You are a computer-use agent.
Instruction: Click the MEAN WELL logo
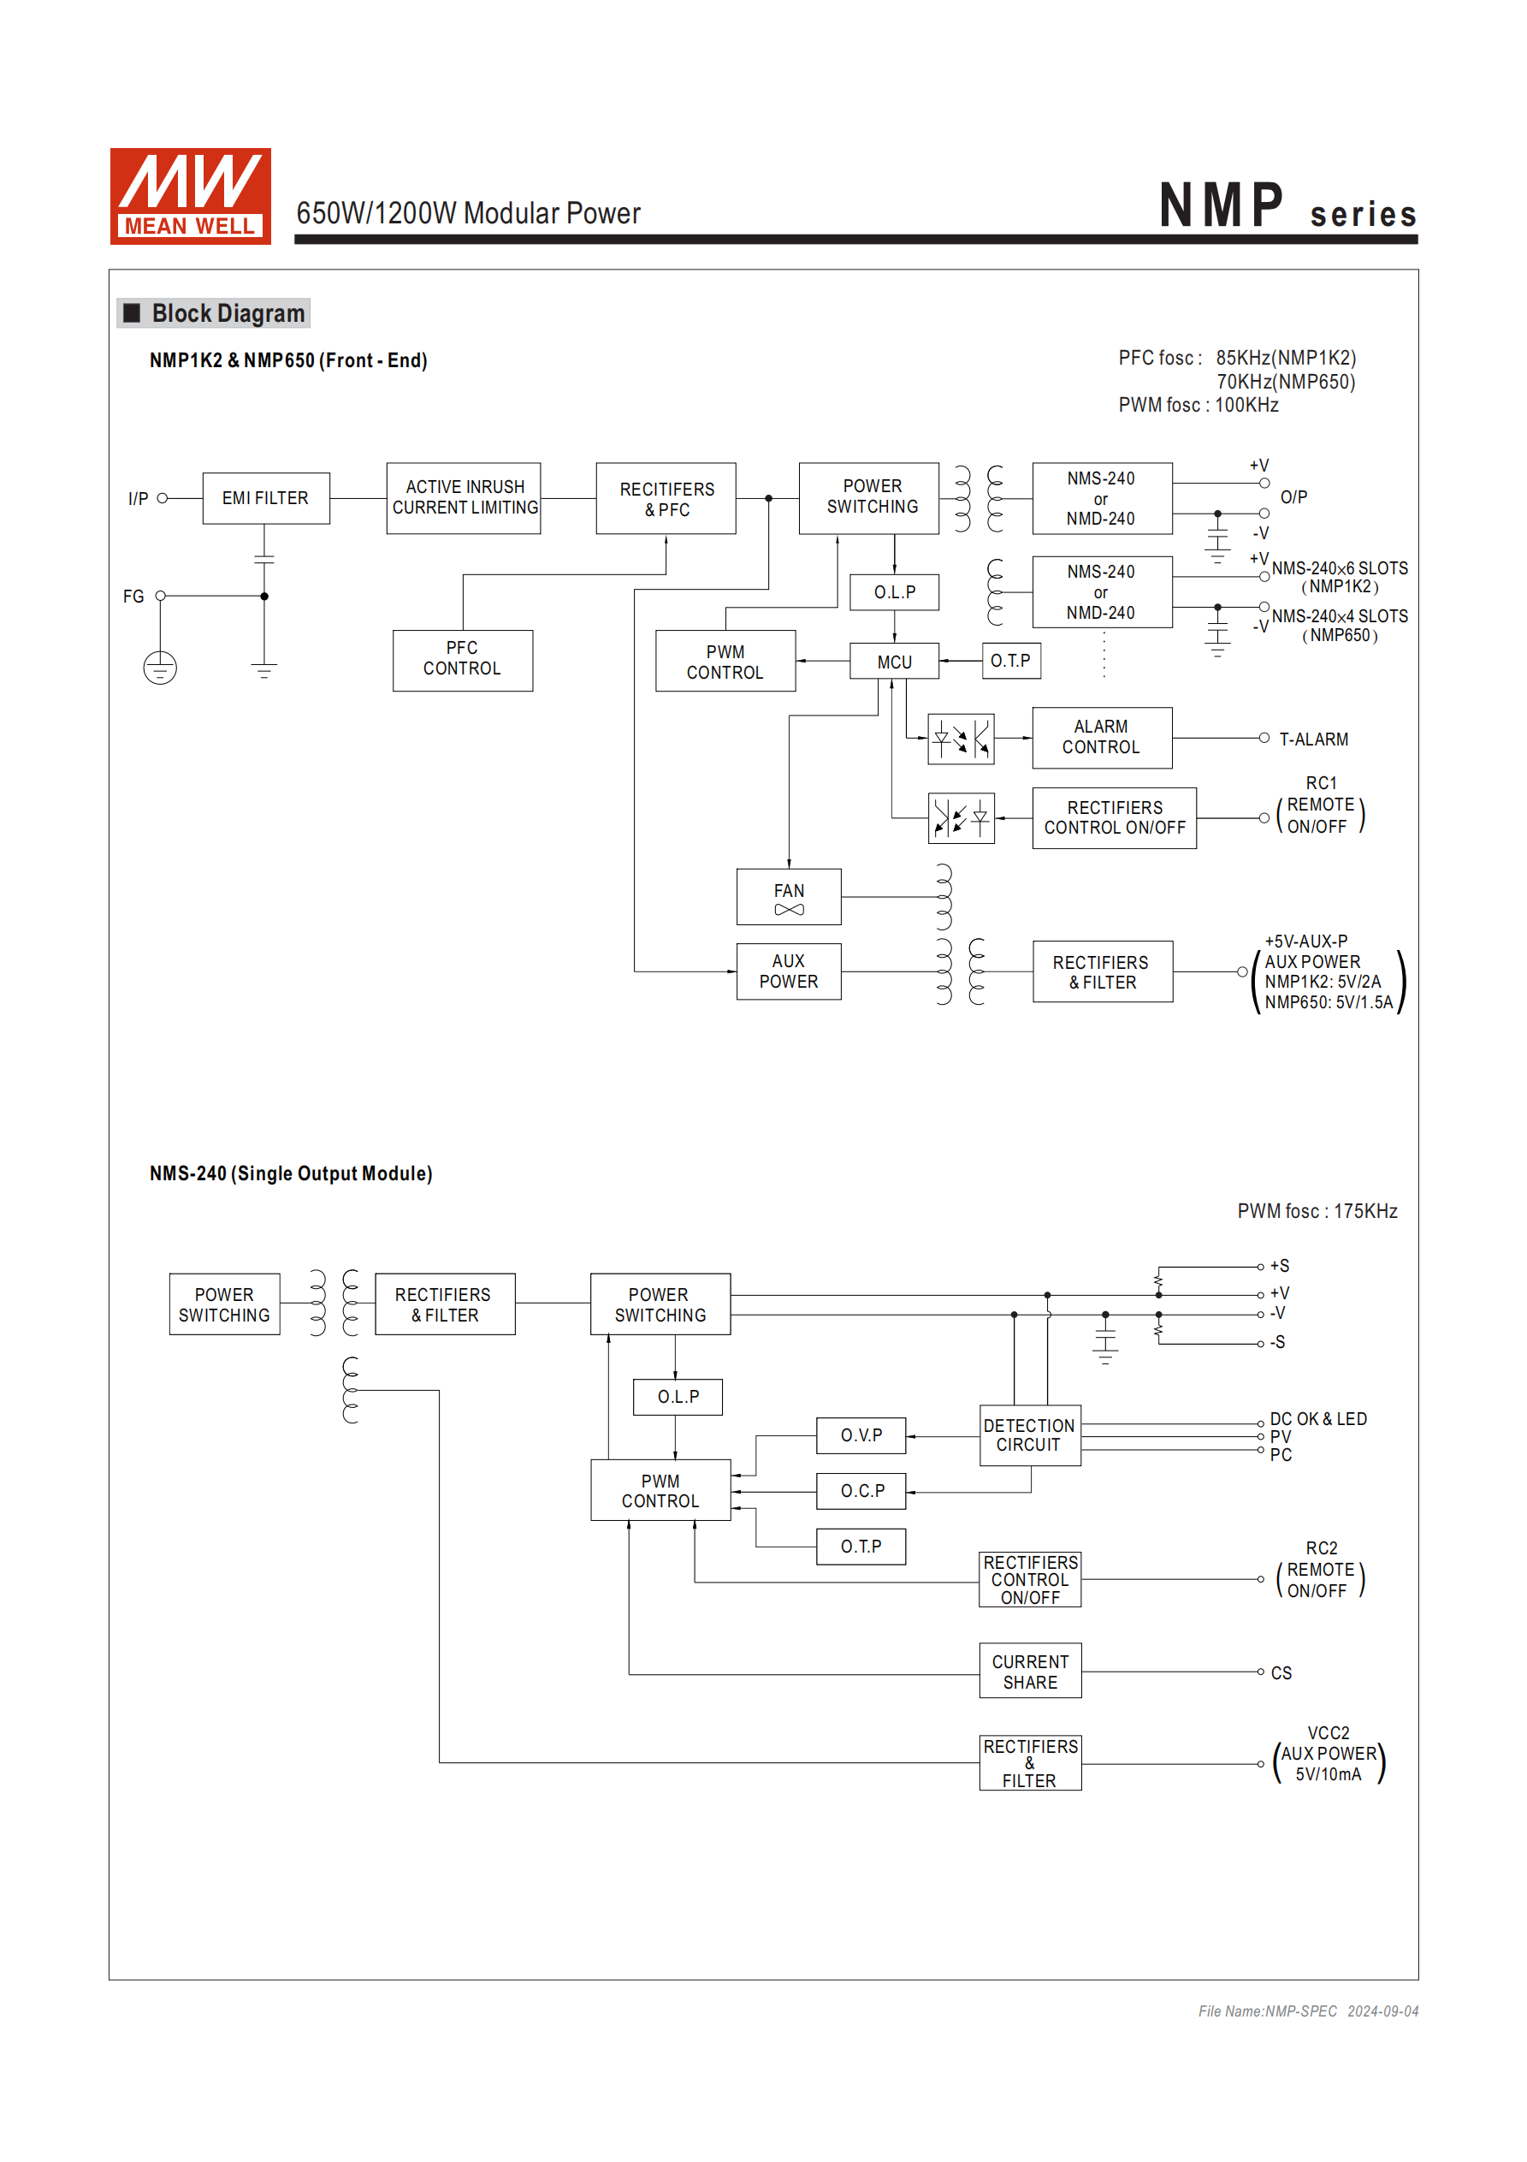tap(190, 196)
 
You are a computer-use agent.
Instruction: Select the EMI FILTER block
tap(265, 498)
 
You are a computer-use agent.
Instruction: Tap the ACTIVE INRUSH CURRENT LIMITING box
tap(465, 498)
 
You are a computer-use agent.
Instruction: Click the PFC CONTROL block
tap(462, 659)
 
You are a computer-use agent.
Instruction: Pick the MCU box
tap(893, 662)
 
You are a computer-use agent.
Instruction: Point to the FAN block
tap(788, 896)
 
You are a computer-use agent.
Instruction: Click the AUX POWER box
tap(788, 971)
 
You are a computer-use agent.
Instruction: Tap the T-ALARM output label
tap(1312, 740)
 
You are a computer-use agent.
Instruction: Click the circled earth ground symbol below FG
tap(160, 668)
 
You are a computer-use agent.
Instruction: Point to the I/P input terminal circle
tap(163, 498)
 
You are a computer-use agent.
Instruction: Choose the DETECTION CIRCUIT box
tap(1029, 1435)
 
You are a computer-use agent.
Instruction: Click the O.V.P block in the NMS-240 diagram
tap(861, 1435)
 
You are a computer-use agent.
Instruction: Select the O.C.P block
tap(861, 1491)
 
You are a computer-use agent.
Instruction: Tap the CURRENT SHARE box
tap(1029, 1672)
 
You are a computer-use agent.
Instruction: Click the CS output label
tap(1281, 1673)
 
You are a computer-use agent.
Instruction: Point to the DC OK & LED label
tap(1317, 1419)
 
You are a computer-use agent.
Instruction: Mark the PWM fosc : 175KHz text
tap(1316, 1211)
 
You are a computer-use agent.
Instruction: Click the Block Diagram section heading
tap(227, 313)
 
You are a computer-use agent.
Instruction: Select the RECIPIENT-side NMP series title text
tap(1286, 207)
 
